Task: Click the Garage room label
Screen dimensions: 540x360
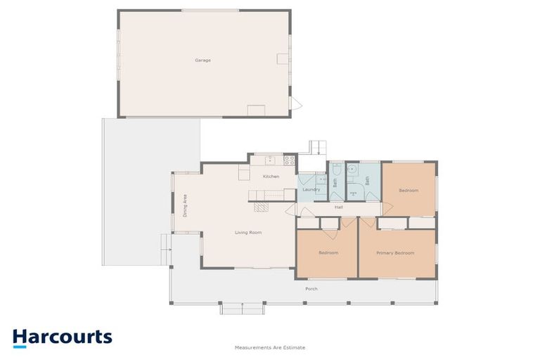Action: click(x=202, y=60)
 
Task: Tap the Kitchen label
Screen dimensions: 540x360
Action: click(x=271, y=176)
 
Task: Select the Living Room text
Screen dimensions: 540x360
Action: click(x=248, y=233)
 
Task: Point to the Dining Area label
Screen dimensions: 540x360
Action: click(x=185, y=206)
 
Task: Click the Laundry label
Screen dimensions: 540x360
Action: click(x=311, y=189)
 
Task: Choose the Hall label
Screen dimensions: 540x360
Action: click(x=339, y=207)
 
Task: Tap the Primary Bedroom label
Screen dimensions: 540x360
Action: click(x=395, y=253)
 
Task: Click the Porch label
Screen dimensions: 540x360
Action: click(x=311, y=289)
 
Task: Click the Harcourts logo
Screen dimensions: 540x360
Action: click(x=63, y=337)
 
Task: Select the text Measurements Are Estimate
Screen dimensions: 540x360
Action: click(x=270, y=347)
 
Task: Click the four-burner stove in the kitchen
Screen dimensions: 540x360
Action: click(x=289, y=160)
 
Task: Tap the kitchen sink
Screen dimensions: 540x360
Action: click(x=270, y=160)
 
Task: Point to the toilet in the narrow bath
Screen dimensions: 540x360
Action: click(x=337, y=169)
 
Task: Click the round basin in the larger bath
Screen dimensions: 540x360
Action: click(x=352, y=169)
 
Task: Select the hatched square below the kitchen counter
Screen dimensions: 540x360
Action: click(x=261, y=206)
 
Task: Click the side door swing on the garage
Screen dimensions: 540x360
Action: click(x=296, y=103)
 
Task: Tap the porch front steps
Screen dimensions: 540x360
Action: click(x=243, y=309)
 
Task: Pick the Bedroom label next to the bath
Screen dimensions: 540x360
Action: click(x=409, y=190)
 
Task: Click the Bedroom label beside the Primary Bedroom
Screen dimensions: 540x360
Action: click(x=328, y=253)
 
